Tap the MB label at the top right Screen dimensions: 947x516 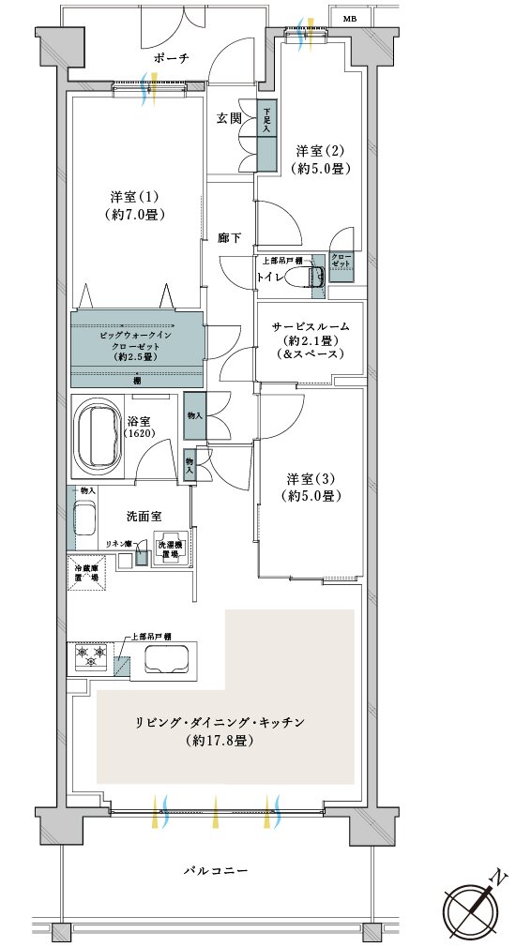(349, 18)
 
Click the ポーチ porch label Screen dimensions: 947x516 (172, 58)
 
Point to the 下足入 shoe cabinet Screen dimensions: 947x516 (266, 135)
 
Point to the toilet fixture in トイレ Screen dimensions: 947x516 (309, 276)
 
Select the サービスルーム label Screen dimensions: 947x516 (311, 339)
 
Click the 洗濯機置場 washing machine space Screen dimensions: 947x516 (169, 550)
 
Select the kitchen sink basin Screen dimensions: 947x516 (165, 660)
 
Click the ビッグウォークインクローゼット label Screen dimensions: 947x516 (136, 345)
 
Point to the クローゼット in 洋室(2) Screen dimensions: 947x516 (341, 262)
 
